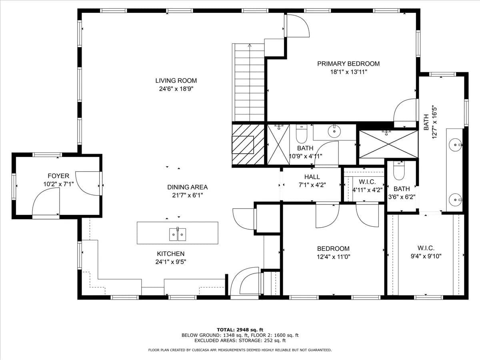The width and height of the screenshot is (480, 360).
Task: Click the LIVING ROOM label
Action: [176, 81]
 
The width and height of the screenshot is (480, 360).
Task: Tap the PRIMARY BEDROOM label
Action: [348, 64]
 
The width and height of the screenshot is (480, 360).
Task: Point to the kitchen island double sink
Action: [178, 234]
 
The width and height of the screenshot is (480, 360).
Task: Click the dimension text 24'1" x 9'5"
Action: [171, 262]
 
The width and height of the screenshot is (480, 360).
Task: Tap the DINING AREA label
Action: [188, 187]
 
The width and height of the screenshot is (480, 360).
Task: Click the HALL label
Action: [312, 177]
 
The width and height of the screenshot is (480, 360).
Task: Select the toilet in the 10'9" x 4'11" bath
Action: [302, 134]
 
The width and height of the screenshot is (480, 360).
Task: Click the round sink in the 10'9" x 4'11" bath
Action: [334, 131]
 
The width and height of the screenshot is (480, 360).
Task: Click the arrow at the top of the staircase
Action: [250, 46]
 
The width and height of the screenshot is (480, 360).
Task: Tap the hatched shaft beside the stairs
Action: [248, 144]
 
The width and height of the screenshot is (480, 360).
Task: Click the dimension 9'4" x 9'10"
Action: [426, 256]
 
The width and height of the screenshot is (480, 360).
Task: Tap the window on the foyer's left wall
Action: [14, 186]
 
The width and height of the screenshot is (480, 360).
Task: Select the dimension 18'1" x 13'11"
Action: [348, 72]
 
